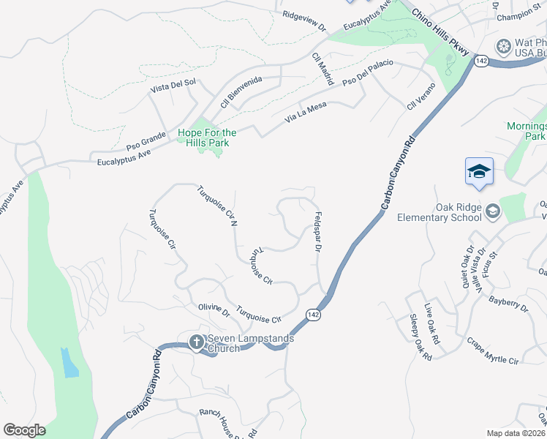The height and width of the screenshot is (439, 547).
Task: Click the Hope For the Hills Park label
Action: point(208,138)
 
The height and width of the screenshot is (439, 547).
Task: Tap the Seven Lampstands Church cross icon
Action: point(196,342)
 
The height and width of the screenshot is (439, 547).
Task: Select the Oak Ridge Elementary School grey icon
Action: point(492,211)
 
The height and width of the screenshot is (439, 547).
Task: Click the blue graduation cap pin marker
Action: point(479,172)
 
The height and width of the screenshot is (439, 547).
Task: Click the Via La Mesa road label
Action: point(306,115)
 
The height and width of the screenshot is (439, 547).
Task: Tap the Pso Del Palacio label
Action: point(369,72)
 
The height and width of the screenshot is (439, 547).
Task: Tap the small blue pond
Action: point(70,363)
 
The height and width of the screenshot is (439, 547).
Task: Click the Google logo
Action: point(24,430)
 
